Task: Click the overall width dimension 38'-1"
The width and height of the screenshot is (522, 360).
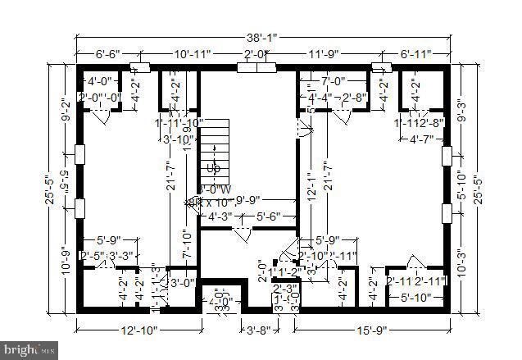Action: pos(261,35)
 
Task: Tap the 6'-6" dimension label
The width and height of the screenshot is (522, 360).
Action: pos(107,54)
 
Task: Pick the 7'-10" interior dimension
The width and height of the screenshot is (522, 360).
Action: pos(187,244)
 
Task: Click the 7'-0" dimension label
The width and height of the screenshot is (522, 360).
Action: pos(334,82)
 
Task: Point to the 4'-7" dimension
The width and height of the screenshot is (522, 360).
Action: pos(424,139)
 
